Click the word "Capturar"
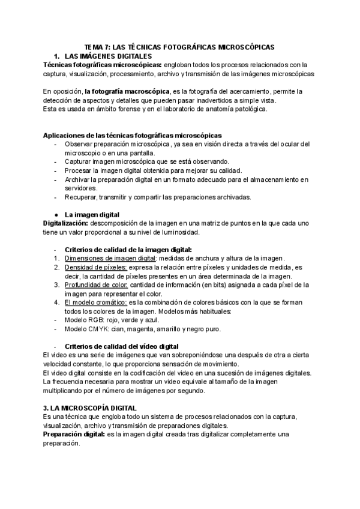click(80, 161)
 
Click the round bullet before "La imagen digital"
click(55, 214)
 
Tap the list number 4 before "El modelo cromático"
click(55, 303)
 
